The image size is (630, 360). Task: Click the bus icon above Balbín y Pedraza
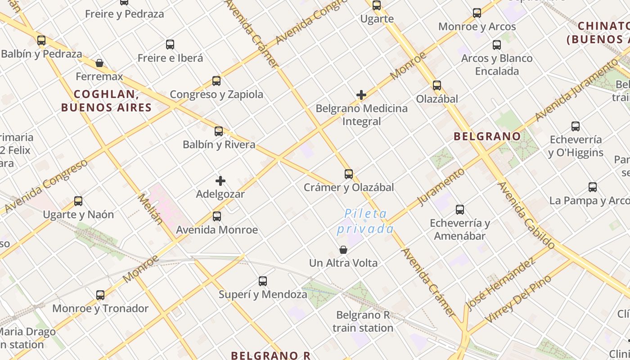tap(41, 40)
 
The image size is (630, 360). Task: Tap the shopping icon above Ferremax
tap(99, 63)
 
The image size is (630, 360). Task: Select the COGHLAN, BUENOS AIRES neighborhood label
tap(106, 101)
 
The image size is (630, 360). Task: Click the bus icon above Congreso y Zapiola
tap(216, 81)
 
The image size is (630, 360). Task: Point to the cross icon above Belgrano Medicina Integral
tap(361, 95)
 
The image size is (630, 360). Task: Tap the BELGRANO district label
tap(487, 136)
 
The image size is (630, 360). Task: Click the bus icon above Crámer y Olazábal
tap(349, 174)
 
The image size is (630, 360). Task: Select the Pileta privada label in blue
tap(365, 221)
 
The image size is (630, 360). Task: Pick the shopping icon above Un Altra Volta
tap(343, 250)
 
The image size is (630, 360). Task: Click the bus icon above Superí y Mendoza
tap(263, 282)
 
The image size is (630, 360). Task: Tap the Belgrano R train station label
tap(363, 321)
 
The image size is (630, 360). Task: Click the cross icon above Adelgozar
tap(220, 181)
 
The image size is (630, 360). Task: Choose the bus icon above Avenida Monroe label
tap(217, 216)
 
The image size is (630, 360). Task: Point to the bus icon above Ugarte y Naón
tap(78, 201)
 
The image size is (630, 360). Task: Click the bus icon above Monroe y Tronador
tap(100, 295)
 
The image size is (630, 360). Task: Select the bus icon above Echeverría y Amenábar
tap(460, 210)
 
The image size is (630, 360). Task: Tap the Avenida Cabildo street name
tap(526, 215)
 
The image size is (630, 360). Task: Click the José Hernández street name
tap(500, 284)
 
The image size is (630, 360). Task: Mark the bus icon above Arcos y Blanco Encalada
tap(497, 45)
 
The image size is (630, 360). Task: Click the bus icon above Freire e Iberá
tap(170, 45)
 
